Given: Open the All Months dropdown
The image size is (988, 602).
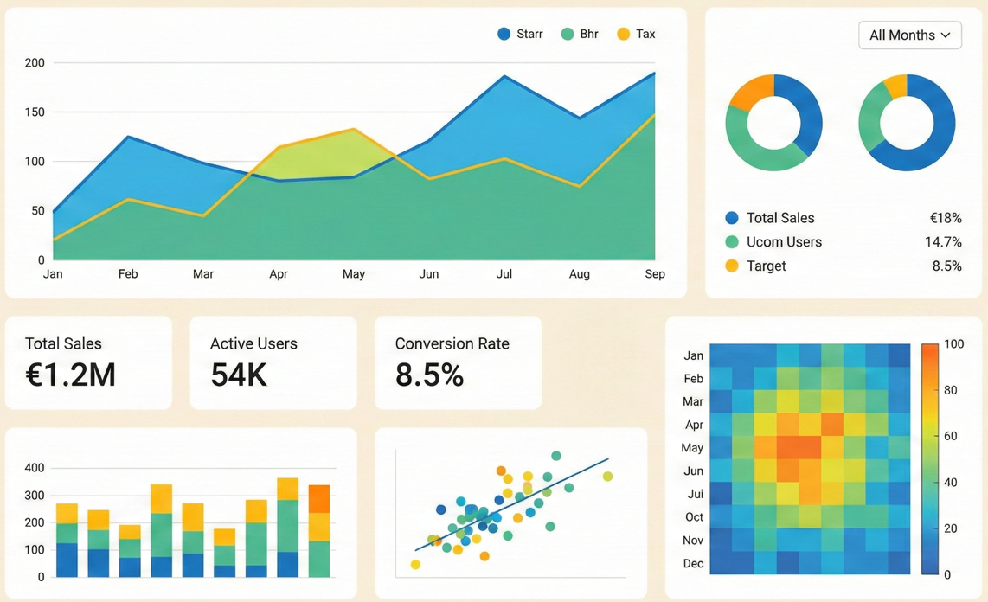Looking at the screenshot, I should (x=909, y=35).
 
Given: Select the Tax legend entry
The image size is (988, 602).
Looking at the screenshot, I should (x=636, y=34).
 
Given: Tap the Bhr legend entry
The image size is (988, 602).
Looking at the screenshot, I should (x=580, y=34).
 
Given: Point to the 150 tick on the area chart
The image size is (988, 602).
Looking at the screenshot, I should (x=35, y=112).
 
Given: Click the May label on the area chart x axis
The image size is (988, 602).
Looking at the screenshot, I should (x=354, y=274).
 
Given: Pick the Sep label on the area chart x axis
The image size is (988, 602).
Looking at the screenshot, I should (x=655, y=274).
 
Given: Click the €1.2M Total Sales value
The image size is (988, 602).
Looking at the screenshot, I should (x=71, y=375).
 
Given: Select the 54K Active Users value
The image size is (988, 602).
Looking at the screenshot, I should (x=239, y=375).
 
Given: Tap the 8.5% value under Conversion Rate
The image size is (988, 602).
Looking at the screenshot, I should (x=430, y=375).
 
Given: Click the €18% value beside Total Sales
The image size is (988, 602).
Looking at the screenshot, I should (x=945, y=218).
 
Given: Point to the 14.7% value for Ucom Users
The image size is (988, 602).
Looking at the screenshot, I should (x=943, y=242).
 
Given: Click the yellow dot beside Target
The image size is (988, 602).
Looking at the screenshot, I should (x=732, y=266).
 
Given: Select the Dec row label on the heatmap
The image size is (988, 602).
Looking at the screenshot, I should (x=693, y=564).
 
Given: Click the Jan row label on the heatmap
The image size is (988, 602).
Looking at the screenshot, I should (x=693, y=355).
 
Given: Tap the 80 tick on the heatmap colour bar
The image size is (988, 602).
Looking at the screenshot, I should (x=951, y=390).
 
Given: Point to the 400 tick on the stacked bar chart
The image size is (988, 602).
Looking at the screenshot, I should (x=35, y=468).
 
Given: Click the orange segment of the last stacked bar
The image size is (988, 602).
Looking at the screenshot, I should (x=319, y=499).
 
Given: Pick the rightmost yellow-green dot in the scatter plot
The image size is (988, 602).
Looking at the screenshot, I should (x=607, y=477).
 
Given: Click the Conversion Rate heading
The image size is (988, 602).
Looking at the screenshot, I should (x=452, y=344).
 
